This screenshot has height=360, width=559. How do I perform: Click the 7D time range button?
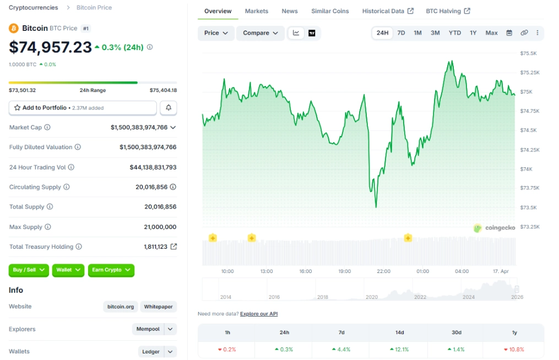point(401,33)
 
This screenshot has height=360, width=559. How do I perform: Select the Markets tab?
point(257,11)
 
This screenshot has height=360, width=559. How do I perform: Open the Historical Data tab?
point(383,11)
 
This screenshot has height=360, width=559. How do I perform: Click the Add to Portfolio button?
point(83,108)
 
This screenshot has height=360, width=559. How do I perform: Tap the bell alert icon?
point(169,108)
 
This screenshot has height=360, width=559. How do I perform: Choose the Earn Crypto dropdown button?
point(111,270)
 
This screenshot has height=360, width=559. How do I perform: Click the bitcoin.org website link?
point(121,307)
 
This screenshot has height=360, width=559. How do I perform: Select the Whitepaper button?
point(158,307)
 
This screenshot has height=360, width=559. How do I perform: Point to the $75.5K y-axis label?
point(529,53)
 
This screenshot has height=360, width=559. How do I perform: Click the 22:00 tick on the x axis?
point(383,271)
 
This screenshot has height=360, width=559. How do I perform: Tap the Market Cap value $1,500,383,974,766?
point(139,128)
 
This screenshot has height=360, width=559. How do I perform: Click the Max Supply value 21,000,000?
point(160,227)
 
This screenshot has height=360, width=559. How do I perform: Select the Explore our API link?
point(259,314)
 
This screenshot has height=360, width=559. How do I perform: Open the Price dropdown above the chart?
point(216,33)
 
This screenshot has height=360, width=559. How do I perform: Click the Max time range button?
point(491,33)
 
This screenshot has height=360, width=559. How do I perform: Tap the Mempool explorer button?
point(148,329)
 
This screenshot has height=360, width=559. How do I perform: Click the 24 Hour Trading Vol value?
point(153,167)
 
